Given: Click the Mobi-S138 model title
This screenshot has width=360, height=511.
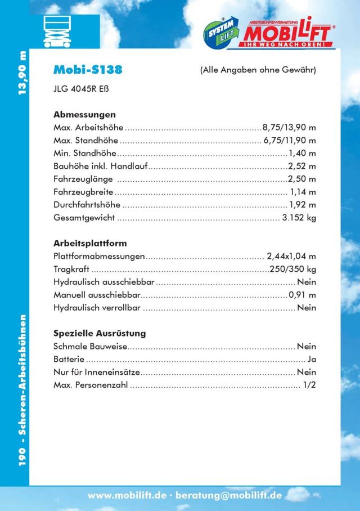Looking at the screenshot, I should [87, 70].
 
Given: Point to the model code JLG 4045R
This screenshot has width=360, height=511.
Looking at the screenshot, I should [78, 88].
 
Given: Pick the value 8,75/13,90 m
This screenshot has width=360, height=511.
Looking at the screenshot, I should [289, 127].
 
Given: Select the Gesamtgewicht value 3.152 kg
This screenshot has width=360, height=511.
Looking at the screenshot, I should [299, 217].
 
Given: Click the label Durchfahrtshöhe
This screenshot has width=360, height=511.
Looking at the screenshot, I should [87, 204].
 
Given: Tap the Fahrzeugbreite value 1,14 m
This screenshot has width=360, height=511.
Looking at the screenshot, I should [303, 191].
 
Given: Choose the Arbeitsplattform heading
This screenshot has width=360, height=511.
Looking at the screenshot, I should [90, 244].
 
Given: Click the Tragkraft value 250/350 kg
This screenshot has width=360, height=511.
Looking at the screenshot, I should [293, 269].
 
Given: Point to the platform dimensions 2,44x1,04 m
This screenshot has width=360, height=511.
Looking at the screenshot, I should [291, 257].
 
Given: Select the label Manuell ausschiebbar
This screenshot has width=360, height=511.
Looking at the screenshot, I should [97, 295].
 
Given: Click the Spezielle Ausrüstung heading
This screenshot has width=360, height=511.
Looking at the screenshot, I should [100, 333].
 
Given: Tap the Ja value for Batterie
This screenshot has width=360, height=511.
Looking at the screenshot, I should [312, 359].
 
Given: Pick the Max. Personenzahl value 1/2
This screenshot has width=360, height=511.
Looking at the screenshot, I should [309, 386].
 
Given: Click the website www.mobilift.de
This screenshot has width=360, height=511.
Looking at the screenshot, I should [127, 496].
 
